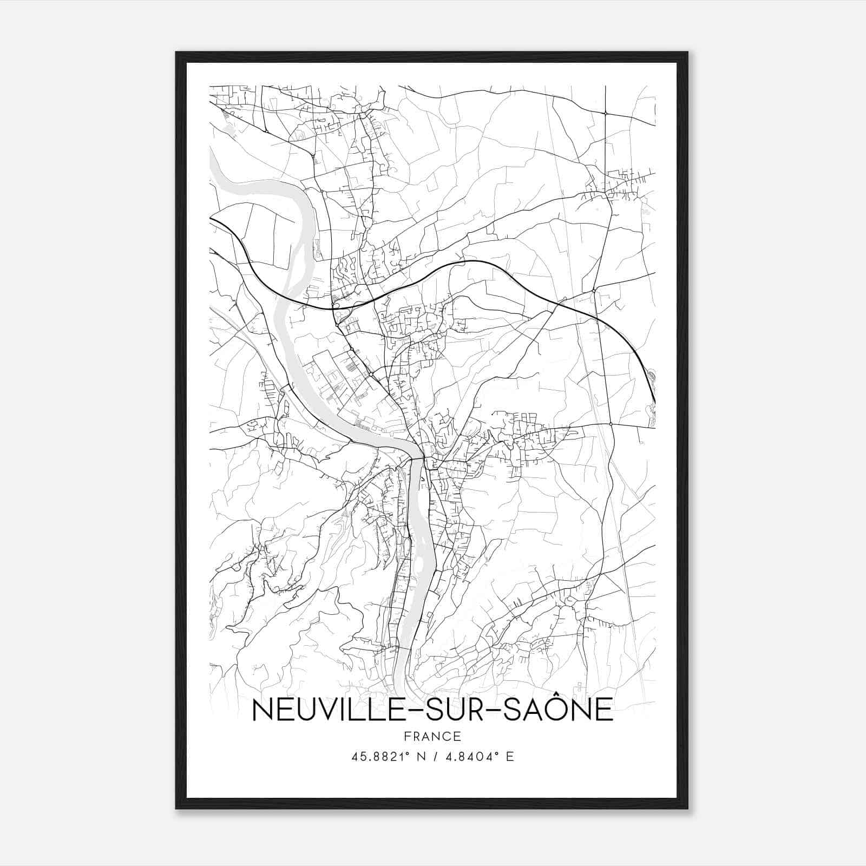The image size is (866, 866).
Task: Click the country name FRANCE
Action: click(x=432, y=736)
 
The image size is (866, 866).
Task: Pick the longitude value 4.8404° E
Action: click(x=478, y=757)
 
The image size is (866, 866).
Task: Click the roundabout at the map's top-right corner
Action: click(x=605, y=113)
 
